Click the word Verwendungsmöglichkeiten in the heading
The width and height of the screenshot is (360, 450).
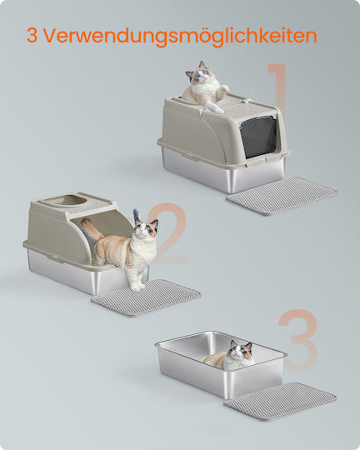click(x=181, y=37)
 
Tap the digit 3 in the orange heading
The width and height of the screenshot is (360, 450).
click(x=32, y=36)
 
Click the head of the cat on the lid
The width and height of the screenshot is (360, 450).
click(x=197, y=72)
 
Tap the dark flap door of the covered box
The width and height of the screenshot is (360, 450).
click(x=258, y=137)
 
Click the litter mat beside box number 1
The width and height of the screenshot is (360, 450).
click(x=282, y=196)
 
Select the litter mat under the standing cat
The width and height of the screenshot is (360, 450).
click(x=146, y=297)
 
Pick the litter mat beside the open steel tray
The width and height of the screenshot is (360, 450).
click(x=280, y=401)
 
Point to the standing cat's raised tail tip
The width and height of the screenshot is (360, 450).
click(x=136, y=213)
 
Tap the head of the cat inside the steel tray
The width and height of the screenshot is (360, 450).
click(x=241, y=351)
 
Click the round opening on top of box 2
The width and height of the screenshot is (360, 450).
click(x=69, y=200)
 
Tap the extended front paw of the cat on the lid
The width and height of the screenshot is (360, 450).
click(x=219, y=110)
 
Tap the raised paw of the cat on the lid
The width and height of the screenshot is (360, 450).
click(x=224, y=87)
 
